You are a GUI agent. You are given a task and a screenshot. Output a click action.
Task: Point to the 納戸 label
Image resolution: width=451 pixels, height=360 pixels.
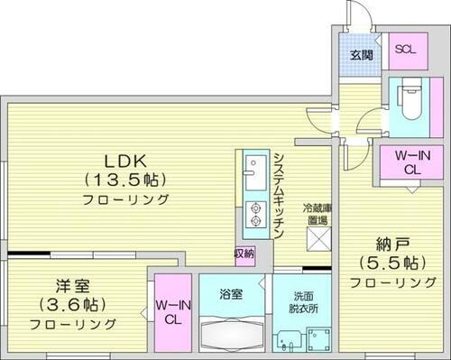point(383,244)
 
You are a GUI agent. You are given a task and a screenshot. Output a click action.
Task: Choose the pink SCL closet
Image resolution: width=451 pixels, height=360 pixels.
point(404,50)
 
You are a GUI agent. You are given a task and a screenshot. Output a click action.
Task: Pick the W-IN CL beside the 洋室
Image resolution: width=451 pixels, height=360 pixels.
point(170,310)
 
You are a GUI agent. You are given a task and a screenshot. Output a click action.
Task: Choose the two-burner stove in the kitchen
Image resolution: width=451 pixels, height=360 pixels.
point(253,211)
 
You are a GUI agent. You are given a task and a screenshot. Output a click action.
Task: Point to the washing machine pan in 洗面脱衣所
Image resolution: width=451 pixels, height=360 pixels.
point(318,339)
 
